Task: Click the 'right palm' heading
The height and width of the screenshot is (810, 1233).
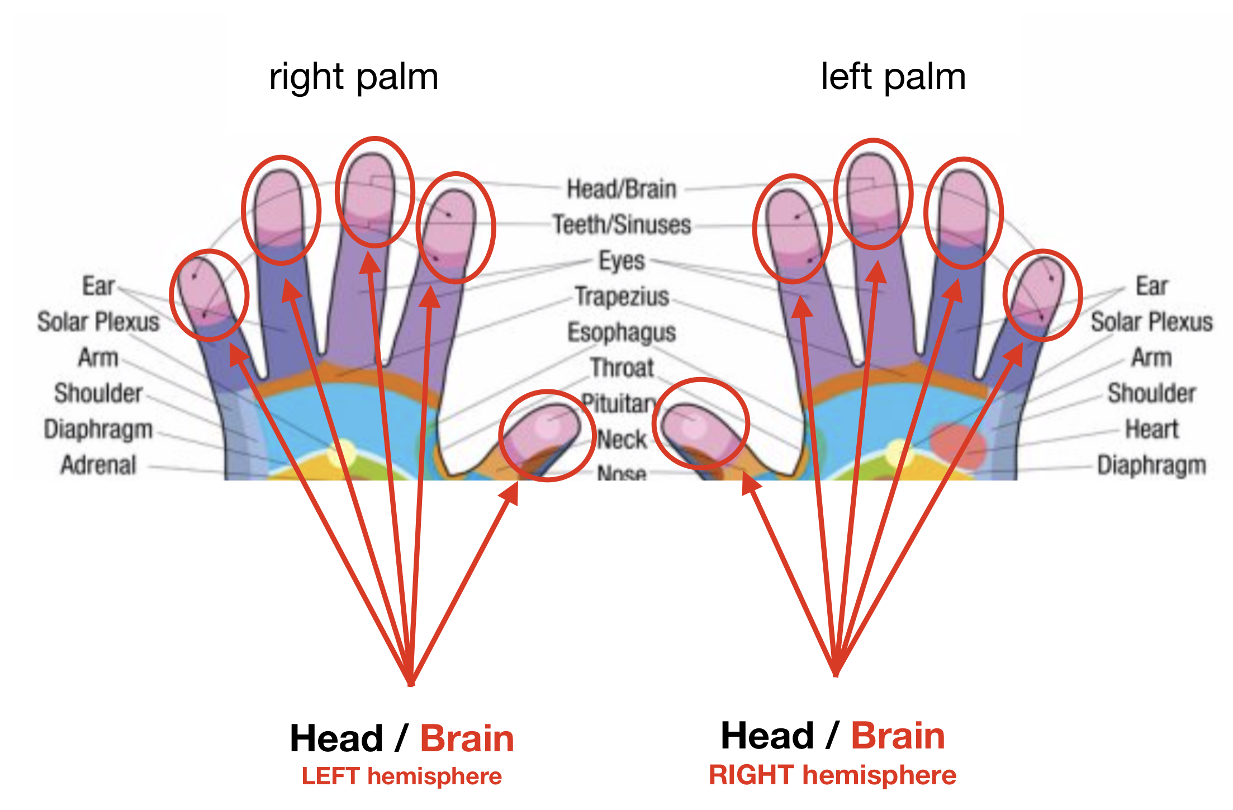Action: point(353,77)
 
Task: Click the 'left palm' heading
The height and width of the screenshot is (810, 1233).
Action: point(893,77)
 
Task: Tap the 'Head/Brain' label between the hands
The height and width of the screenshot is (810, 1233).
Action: point(622,189)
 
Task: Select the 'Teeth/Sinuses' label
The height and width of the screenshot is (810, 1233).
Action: point(622,224)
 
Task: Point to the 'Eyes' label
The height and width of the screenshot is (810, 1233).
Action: point(622,261)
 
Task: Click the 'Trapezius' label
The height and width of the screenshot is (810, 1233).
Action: point(622,296)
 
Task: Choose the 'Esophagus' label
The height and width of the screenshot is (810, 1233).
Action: point(622,332)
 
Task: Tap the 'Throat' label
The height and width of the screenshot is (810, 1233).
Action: point(622,368)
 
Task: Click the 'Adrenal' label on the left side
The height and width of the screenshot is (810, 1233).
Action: point(98,465)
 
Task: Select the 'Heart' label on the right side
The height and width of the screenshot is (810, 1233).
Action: point(1151,429)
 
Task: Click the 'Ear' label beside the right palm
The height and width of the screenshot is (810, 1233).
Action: point(98,286)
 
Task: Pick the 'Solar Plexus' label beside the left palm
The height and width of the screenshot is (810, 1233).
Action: point(1151,322)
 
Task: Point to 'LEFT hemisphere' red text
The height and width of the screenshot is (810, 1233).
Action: point(401,776)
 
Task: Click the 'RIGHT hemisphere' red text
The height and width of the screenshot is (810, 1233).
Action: point(832,775)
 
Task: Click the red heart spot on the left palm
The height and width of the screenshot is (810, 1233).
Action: point(957,445)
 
